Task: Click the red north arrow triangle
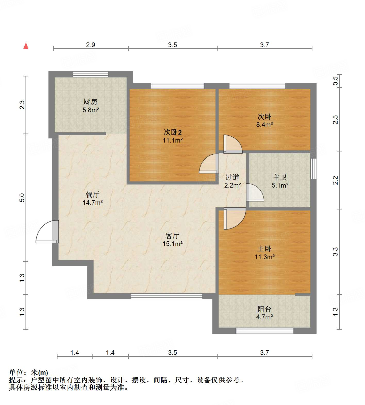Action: [26, 46]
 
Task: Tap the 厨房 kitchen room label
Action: [90, 102]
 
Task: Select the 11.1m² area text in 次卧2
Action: [172, 140]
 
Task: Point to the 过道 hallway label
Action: [232, 177]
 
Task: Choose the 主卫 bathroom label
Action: [280, 177]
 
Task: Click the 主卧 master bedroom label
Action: [264, 249]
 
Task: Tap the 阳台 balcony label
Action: [264, 309]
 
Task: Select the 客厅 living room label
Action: [172, 236]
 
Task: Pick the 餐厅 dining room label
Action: [93, 195]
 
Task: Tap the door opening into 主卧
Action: [234, 219]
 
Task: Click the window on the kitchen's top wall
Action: [90, 74]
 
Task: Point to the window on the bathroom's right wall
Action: [313, 169]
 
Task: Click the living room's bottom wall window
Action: [167, 296]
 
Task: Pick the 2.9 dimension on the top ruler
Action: [90, 45]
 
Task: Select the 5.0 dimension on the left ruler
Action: [22, 197]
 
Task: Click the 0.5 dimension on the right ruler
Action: [335, 81]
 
